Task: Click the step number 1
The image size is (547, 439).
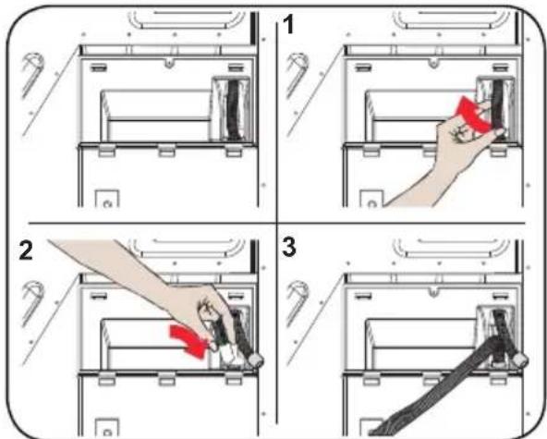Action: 288,26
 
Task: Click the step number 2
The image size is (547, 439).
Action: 26,250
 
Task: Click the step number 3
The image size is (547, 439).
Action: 289,247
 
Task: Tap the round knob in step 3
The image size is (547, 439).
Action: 521,359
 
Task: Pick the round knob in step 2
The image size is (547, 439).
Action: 255,360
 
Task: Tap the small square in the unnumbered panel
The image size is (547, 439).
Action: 107,198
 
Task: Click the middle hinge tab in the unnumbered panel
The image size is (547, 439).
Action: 166,151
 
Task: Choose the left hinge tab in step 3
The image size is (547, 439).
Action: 371,380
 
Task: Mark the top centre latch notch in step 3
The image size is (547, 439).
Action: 433,290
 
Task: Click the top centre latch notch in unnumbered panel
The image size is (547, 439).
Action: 169,63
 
